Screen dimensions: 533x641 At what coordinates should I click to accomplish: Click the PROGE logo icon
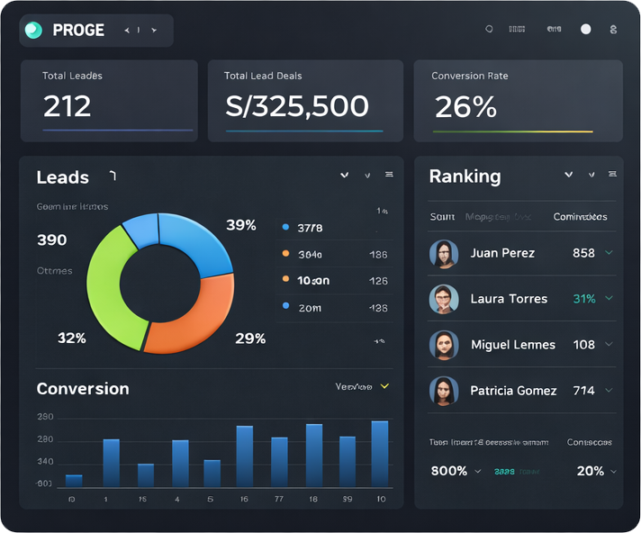click(x=33, y=30)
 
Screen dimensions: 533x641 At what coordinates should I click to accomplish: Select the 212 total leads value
click(x=68, y=106)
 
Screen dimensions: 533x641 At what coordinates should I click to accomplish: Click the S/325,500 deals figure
click(x=297, y=106)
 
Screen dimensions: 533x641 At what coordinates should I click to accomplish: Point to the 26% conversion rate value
click(x=465, y=107)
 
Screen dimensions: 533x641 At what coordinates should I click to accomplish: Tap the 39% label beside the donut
click(x=240, y=225)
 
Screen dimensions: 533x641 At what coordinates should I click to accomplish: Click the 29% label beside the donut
click(x=250, y=339)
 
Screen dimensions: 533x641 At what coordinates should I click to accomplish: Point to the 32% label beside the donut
click(x=71, y=339)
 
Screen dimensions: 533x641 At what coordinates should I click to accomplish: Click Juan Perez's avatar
click(x=443, y=254)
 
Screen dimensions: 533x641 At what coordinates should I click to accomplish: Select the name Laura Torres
click(x=509, y=299)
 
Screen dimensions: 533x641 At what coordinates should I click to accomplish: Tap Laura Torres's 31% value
click(x=584, y=299)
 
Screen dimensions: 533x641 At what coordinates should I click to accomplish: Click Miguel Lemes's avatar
click(x=443, y=345)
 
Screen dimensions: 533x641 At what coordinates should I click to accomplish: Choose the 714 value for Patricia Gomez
click(x=583, y=391)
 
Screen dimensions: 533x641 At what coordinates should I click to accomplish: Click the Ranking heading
click(x=465, y=176)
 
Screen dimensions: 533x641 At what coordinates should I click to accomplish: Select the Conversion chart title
click(x=83, y=389)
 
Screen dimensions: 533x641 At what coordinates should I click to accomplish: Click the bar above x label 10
click(x=380, y=454)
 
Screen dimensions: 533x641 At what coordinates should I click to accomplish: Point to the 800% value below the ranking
click(x=449, y=471)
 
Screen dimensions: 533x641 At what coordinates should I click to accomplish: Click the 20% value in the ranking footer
click(x=591, y=471)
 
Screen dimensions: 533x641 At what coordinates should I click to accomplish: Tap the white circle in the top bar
click(x=586, y=30)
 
